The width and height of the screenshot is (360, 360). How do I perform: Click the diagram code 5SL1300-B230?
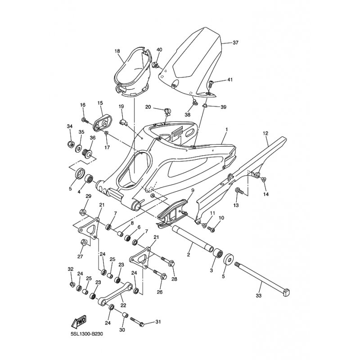86,334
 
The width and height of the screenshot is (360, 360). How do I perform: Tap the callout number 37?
235,43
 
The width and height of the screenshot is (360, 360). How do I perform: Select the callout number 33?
259,296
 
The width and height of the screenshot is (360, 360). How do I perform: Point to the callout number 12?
265,133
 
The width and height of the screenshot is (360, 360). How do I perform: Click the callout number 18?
117,51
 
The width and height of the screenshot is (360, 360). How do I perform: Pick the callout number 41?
230,80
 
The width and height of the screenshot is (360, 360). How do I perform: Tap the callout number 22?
123,306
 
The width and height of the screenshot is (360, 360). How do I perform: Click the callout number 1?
227,130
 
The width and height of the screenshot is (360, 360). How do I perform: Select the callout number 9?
193,190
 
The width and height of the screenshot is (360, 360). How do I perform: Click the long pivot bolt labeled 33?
262,278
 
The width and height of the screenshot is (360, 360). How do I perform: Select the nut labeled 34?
71,144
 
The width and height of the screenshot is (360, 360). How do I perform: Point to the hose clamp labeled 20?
168,111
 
